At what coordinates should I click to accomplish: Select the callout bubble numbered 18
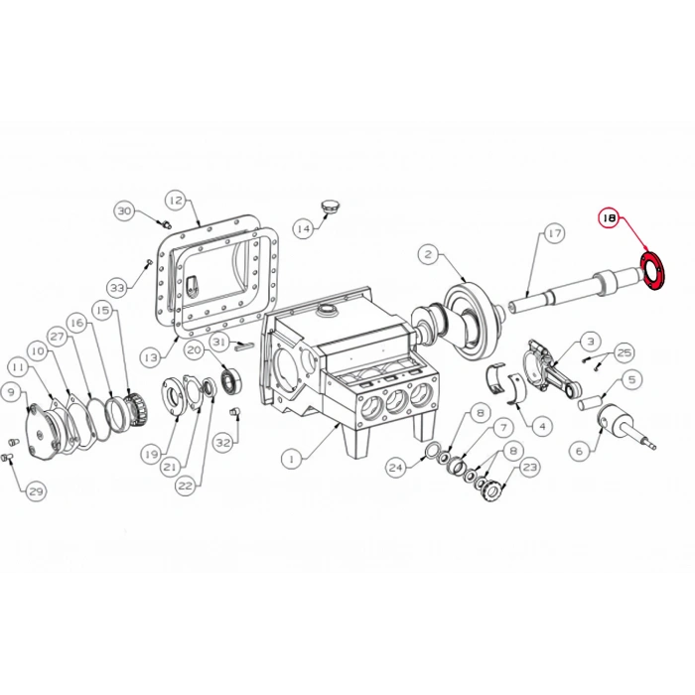tap(609, 216)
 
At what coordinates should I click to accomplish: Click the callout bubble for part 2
tap(428, 253)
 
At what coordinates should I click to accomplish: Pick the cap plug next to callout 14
tap(330, 207)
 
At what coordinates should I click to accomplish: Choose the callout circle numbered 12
tap(175, 200)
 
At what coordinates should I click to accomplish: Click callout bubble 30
tap(124, 210)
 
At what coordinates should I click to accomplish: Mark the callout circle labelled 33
tap(118, 288)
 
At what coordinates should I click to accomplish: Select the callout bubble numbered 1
tap(291, 460)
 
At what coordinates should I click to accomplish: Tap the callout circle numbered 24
tap(397, 466)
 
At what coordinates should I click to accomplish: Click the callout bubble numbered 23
tap(529, 466)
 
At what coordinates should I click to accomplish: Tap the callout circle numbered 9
tap(11, 392)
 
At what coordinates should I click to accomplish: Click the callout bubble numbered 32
tap(223, 442)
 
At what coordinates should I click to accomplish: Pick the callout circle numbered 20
tap(195, 349)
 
